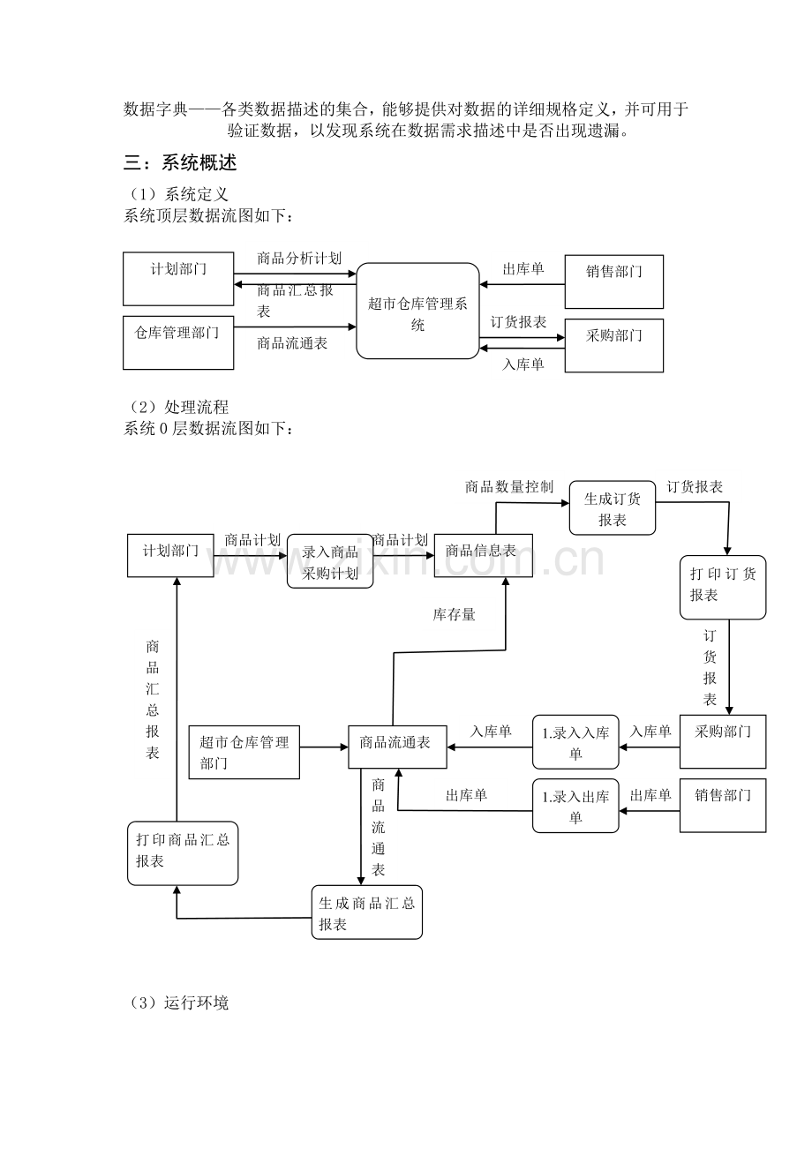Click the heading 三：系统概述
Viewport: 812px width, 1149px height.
[x=180, y=163]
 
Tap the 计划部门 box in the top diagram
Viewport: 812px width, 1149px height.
[x=178, y=278]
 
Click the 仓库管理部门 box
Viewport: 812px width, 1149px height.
[x=178, y=342]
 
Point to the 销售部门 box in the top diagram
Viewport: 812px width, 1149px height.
[x=613, y=281]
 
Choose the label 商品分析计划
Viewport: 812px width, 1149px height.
[x=298, y=259]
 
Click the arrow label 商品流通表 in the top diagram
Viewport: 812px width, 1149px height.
[x=292, y=343]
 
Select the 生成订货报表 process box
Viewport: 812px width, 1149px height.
[x=613, y=508]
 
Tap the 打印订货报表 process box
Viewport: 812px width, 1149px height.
[x=722, y=586]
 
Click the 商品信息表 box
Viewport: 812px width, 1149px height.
[x=483, y=556]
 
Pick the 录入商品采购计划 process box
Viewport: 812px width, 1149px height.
[x=330, y=561]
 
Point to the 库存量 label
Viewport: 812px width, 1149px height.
[x=454, y=615]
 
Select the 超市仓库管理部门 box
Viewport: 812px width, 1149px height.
[x=244, y=752]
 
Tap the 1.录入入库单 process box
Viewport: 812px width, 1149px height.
[x=575, y=742]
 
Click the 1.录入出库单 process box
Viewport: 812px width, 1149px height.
[x=575, y=806]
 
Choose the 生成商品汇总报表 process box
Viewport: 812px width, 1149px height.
[x=367, y=912]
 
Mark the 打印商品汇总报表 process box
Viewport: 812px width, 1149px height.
[x=183, y=852]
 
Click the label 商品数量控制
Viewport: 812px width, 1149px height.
[x=508, y=487]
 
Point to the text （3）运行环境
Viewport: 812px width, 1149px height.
[x=178, y=1003]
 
